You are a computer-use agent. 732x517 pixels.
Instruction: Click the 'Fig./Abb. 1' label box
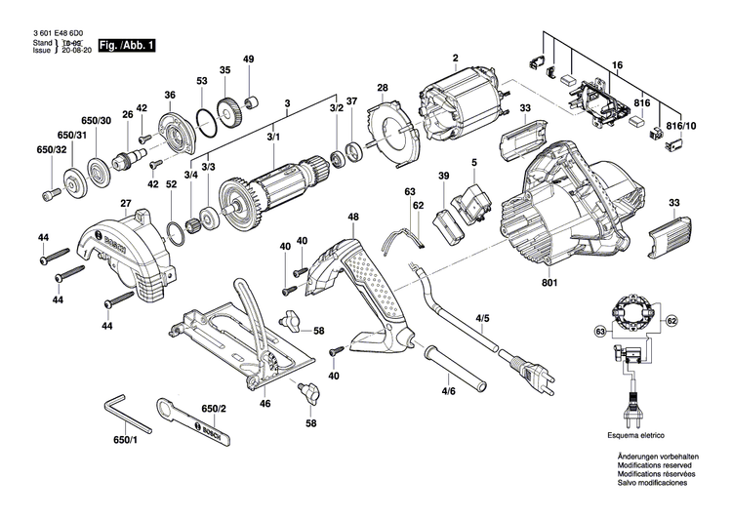129,46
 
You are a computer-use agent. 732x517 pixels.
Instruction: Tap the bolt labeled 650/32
50,193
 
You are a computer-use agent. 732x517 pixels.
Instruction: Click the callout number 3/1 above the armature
273,139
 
